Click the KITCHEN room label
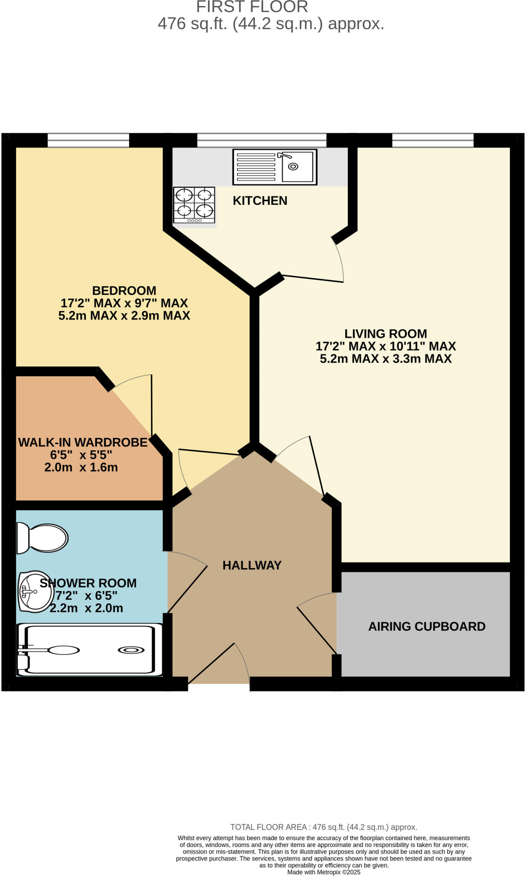[x=260, y=201]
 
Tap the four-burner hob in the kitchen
[x=194, y=205]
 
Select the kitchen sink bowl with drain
[x=296, y=166]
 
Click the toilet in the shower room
[x=43, y=538]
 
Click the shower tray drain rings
[x=131, y=650]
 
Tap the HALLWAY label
[x=252, y=565]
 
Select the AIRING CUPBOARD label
[x=426, y=627]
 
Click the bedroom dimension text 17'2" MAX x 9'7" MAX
[x=124, y=303]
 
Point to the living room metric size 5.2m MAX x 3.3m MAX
[x=385, y=358]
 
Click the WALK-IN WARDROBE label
[x=82, y=442]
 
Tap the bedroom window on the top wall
[x=88, y=140]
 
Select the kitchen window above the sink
[x=262, y=140]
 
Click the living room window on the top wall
[x=432, y=140]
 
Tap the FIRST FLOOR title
[x=252, y=7]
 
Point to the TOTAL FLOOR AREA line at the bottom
[x=323, y=827]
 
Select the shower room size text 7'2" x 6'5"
[x=87, y=595]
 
